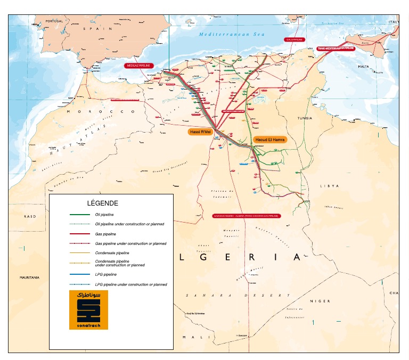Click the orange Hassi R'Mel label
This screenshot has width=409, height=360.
point(200,131)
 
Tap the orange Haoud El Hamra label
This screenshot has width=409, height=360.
point(269,140)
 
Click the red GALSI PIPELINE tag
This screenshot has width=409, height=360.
point(295,39)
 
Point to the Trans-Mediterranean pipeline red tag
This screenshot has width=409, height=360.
point(336,48)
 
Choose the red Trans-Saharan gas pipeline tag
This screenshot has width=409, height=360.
point(246,216)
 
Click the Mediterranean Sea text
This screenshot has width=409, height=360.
point(232,34)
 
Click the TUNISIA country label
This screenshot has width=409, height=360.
point(305,118)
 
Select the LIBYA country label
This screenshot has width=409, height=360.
point(329,186)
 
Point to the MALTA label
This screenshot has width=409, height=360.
point(363,67)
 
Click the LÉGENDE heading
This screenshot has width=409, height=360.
point(102,203)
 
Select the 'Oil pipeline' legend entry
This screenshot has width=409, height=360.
point(105,215)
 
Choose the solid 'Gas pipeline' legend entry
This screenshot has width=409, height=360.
point(105,234)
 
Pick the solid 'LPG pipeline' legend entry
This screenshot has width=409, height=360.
point(106,274)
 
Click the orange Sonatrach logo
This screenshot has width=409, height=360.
point(88,310)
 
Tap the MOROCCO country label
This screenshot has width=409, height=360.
point(101,111)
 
